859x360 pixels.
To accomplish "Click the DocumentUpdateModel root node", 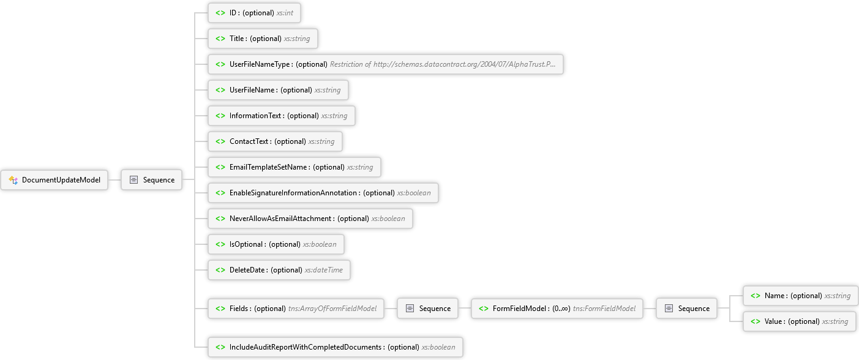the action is pyautogui.click(x=54, y=180).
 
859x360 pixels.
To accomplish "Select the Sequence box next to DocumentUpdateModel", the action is pyautogui.click(x=151, y=180).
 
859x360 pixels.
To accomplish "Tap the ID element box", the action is pyautogui.click(x=254, y=13).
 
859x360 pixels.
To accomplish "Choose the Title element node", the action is pyautogui.click(x=263, y=39).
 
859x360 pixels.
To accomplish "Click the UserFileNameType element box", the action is pyautogui.click(x=385, y=64).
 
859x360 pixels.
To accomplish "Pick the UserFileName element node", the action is pyautogui.click(x=278, y=90).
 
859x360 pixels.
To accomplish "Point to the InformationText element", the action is pyautogui.click(x=282, y=115).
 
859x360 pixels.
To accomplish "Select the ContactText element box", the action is pyautogui.click(x=275, y=141).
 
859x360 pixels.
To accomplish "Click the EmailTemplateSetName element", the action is pyautogui.click(x=294, y=167).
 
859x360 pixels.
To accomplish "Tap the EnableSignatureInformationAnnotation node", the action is pyautogui.click(x=323, y=192).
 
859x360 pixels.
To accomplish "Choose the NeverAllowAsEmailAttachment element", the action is pyautogui.click(x=310, y=218).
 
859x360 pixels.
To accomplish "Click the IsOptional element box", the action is pyautogui.click(x=276, y=244).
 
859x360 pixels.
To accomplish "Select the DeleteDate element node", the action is pyautogui.click(x=279, y=269).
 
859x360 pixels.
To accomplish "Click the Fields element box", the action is pyautogui.click(x=296, y=308).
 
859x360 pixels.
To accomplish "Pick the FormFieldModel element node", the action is pyautogui.click(x=557, y=308).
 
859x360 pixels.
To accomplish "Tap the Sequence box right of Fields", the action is pyautogui.click(x=427, y=308).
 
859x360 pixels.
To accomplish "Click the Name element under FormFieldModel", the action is pyautogui.click(x=801, y=296).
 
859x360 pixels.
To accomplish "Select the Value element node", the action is pyautogui.click(x=800, y=321).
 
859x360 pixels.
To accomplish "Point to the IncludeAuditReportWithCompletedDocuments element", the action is pyautogui.click(x=336, y=347).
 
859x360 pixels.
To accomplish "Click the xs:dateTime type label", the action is pyautogui.click(x=324, y=270).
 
